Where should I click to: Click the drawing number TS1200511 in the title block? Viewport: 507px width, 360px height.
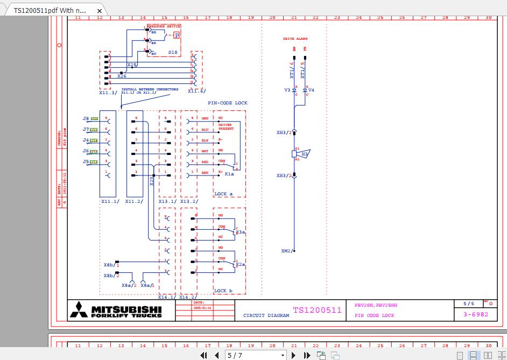[317, 310]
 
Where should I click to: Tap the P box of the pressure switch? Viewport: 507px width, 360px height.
[175, 36]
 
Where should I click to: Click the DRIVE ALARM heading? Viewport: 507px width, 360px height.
[295, 39]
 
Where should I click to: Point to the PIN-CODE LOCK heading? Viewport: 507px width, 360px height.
[228, 103]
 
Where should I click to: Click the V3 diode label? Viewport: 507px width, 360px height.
[287, 90]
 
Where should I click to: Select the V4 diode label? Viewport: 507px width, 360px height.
[311, 90]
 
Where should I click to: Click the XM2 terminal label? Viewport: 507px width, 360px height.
[286, 251]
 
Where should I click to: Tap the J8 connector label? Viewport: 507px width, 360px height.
[86, 118]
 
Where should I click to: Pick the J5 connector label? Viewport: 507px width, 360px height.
[86, 161]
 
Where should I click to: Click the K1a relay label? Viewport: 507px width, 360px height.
[229, 174]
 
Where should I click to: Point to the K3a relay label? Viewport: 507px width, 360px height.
[241, 232]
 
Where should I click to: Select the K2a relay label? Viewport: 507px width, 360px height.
[241, 264]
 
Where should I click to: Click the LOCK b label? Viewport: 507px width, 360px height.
[223, 291]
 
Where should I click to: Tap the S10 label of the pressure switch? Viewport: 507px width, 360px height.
[173, 52]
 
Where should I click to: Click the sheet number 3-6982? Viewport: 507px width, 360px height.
[476, 314]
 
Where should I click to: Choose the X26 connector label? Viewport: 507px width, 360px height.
[122, 76]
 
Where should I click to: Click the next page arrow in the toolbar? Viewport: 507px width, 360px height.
[294, 355]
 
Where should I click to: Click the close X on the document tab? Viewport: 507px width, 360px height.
[99, 10]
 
